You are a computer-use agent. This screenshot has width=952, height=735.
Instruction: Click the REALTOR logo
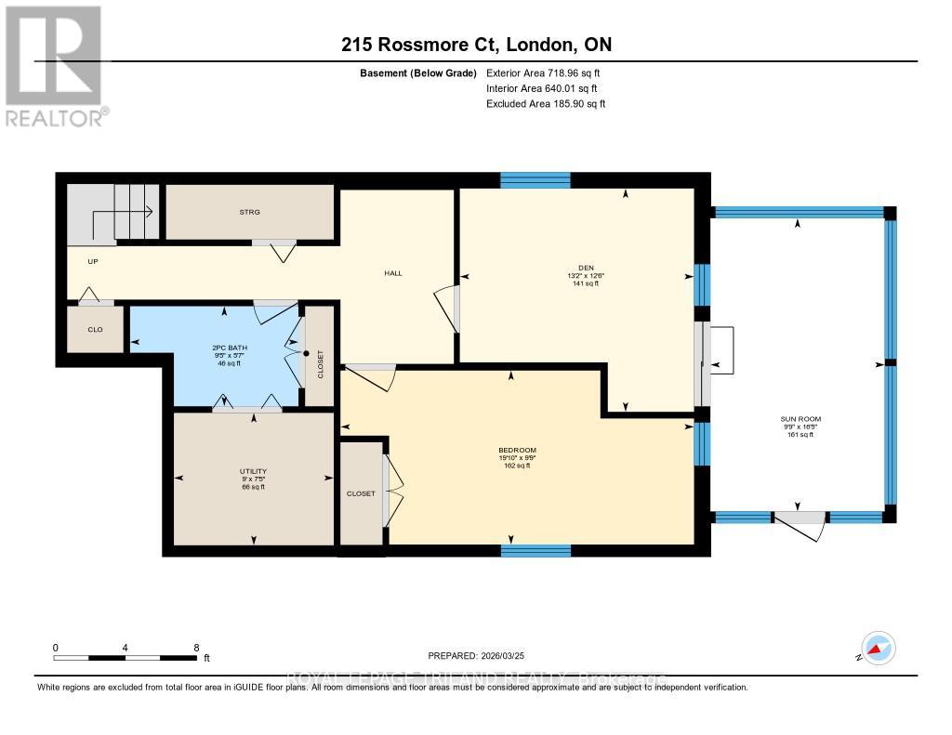click(x=54, y=65)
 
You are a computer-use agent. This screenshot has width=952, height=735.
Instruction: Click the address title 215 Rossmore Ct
click(x=475, y=45)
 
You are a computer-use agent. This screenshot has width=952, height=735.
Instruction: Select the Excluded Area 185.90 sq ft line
click(x=546, y=104)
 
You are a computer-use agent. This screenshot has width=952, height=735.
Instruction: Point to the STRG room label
click(x=249, y=212)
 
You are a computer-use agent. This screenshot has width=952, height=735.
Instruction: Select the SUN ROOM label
click(x=800, y=419)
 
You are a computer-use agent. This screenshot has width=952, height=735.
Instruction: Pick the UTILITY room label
click(x=253, y=472)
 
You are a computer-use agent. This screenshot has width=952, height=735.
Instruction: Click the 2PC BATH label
click(x=226, y=348)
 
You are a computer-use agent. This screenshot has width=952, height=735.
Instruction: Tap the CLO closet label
click(x=94, y=329)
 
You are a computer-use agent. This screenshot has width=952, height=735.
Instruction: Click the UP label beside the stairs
click(x=93, y=261)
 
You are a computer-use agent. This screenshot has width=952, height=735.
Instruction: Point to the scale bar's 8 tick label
click(x=196, y=648)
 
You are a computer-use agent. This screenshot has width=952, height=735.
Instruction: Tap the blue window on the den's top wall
click(x=535, y=180)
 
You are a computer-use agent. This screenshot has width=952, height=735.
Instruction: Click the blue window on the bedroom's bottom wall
click(x=535, y=550)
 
